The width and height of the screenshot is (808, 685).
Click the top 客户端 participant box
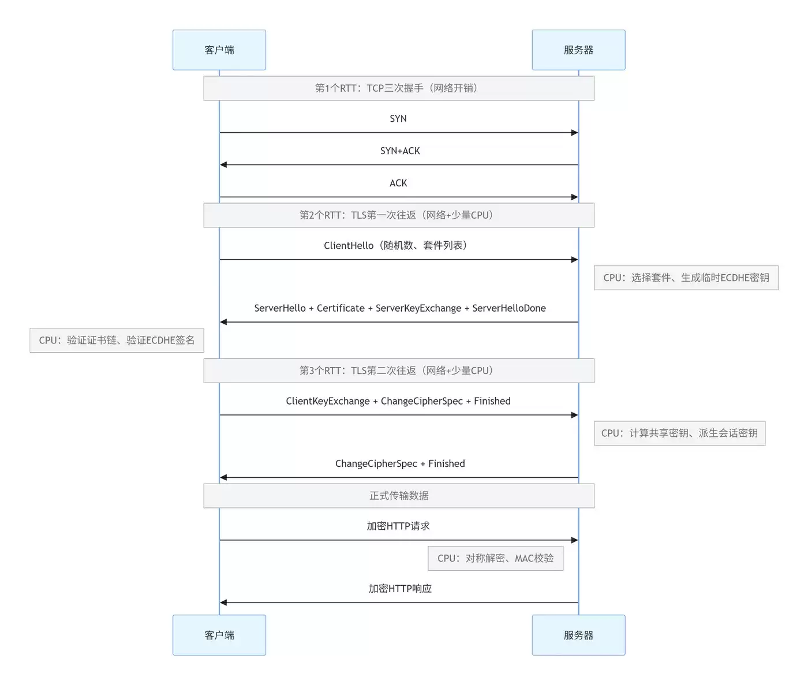coord(219,50)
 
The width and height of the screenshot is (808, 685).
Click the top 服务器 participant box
coord(578,50)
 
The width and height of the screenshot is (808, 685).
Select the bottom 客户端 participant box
coord(219,635)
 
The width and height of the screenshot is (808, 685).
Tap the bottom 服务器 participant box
coord(578,635)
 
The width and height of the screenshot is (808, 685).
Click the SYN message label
coord(398,118)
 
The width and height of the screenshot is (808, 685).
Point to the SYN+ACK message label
coord(400,151)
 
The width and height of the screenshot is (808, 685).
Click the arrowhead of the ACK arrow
coord(575,197)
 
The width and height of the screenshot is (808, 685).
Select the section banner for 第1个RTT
coord(399,88)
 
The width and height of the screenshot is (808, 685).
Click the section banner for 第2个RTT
coord(399,215)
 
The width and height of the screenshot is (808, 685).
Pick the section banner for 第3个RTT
coord(399,370)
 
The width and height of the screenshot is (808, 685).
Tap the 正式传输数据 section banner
coord(399,496)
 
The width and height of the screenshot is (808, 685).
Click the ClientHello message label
coord(396,245)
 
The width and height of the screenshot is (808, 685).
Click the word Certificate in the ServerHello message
coord(341,308)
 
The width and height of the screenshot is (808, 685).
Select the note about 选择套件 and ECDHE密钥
coord(686,278)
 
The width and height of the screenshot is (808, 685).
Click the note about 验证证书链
coord(117,340)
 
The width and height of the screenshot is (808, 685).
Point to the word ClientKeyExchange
coord(328,401)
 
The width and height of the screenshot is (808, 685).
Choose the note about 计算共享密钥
coord(680,433)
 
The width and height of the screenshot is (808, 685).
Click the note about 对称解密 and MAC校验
coord(496,558)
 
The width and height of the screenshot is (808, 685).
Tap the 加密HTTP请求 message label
coord(398,526)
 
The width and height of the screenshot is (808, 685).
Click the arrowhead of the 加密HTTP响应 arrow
coord(223,602)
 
